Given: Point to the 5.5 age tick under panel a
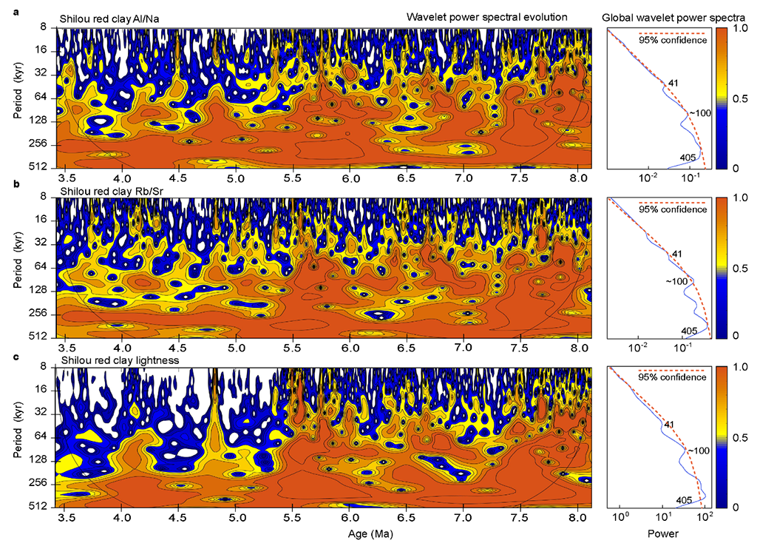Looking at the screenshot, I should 293,179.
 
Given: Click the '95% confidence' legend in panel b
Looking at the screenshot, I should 673,209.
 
